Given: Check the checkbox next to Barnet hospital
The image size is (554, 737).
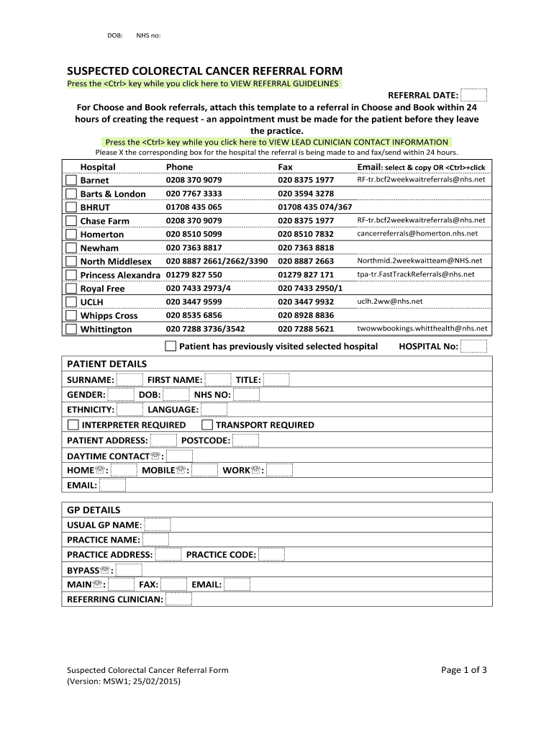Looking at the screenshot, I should (x=71, y=180).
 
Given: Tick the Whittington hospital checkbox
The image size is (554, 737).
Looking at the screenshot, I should (x=71, y=329).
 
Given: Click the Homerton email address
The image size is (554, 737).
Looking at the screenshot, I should (x=417, y=234).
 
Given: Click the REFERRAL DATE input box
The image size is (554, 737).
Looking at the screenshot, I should (x=473, y=95).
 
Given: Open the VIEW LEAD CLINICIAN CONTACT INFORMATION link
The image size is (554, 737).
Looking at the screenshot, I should (x=276, y=142).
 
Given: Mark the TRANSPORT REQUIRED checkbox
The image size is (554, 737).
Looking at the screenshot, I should (x=206, y=425).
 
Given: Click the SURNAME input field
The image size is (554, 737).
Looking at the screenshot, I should (x=130, y=379).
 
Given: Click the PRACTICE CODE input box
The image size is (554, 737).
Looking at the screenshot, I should (x=271, y=554).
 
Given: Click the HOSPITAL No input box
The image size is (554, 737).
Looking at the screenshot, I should (x=473, y=346).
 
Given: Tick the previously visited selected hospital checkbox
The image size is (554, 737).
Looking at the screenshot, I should (x=171, y=346).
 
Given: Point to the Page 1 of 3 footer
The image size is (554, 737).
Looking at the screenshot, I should (x=464, y=670).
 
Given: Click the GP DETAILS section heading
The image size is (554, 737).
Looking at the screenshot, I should (x=94, y=510).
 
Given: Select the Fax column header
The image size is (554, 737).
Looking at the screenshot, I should (x=285, y=166).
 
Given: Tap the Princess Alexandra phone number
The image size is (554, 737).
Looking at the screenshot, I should (x=194, y=275).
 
